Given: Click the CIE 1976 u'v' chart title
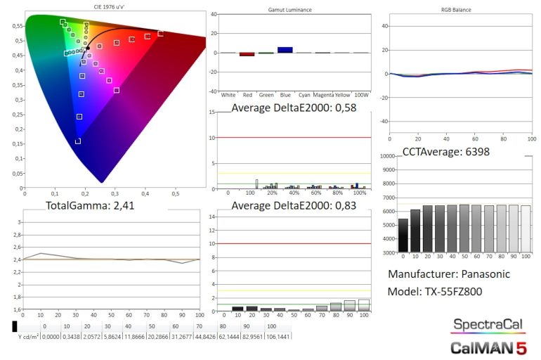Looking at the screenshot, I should click(x=115, y=7).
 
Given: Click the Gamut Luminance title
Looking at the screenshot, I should click(x=291, y=11).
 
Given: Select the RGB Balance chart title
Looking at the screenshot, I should click(x=452, y=10).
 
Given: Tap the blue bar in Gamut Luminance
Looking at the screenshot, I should click(x=285, y=50).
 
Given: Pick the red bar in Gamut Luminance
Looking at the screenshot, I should click(x=247, y=54).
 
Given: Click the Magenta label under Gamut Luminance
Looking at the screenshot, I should click(x=323, y=94).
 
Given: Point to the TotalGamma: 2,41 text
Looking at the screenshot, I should click(x=90, y=206).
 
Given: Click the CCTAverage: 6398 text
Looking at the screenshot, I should click(x=445, y=151).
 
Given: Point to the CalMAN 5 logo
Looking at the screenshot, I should click(x=488, y=346).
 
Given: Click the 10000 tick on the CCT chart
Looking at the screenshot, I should click(x=386, y=157).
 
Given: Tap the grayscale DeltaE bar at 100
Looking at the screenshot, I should click(x=363, y=304).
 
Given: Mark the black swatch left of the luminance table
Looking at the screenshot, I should click(x=15, y=326).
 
